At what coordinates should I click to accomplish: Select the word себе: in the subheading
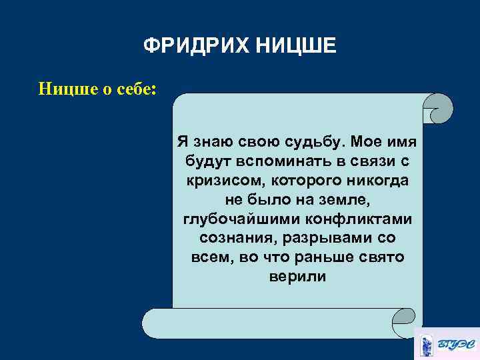point(134,89)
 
